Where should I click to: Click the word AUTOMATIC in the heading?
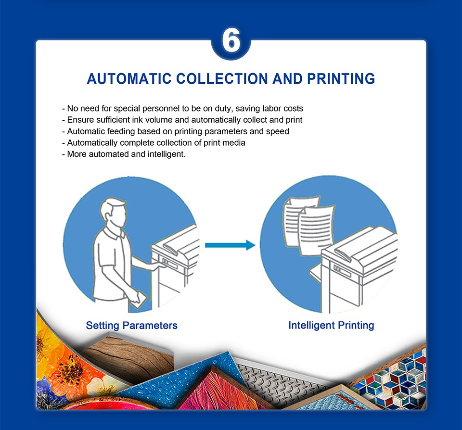(129, 78)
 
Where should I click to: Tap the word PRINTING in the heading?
(341, 78)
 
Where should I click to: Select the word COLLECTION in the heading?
(222, 78)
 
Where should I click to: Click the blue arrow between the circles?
(230, 245)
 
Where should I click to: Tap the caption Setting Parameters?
(132, 326)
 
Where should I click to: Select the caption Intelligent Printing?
(331, 326)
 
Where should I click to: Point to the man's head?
(113, 213)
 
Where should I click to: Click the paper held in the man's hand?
(138, 300)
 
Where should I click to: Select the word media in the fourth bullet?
(234, 143)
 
